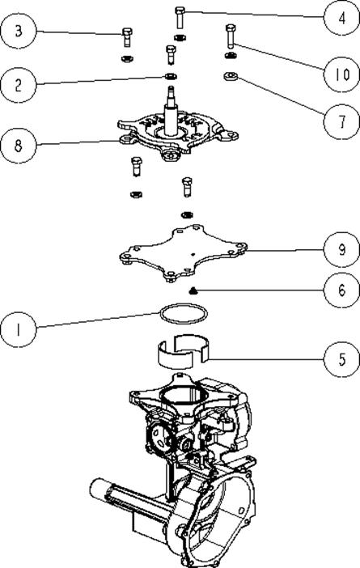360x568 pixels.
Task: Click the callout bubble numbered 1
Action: [x=18, y=329]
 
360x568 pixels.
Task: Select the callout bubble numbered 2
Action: [x=18, y=85]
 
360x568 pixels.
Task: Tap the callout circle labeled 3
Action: [x=19, y=31]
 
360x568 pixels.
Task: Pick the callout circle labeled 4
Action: [x=341, y=18]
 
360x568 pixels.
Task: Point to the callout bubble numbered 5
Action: [x=341, y=359]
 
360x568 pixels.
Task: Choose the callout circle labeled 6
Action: [x=341, y=290]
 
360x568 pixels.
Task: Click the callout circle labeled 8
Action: [x=18, y=146]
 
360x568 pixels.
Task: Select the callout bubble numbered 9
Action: [x=341, y=249]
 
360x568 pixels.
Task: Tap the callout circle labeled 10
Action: [x=341, y=74]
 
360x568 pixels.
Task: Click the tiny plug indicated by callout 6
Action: [x=193, y=290]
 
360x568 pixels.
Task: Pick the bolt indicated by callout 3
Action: [x=126, y=37]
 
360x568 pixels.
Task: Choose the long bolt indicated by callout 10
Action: [x=231, y=36]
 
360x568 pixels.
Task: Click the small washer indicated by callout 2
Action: [x=171, y=76]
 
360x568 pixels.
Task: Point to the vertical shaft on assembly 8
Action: [x=172, y=112]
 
